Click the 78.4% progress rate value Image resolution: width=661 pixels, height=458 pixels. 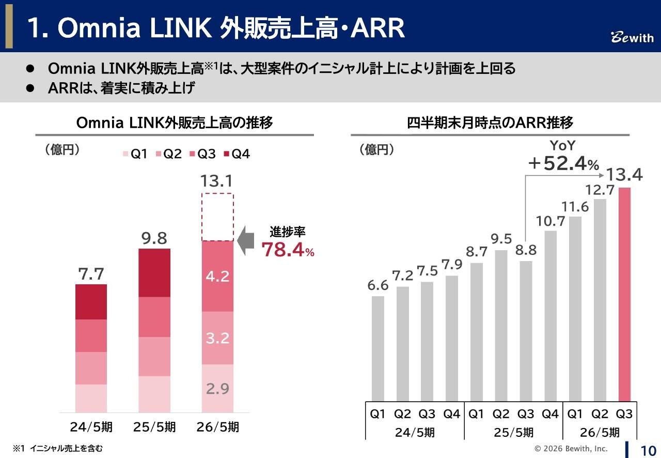click(x=287, y=250)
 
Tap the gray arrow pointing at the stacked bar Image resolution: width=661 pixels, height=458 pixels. click(x=247, y=241)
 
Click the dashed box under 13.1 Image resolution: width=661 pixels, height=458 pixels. click(x=217, y=217)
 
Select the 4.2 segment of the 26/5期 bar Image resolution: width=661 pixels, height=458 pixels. click(x=217, y=277)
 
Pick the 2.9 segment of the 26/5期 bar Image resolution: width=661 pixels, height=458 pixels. click(x=217, y=388)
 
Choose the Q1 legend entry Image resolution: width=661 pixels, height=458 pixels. click(x=135, y=154)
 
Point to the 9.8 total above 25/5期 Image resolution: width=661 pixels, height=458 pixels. click(x=154, y=238)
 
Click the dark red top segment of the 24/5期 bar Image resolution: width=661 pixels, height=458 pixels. click(x=91, y=302)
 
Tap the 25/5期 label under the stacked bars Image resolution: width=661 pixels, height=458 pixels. click(x=154, y=428)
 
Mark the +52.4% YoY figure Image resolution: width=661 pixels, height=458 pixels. click(x=563, y=164)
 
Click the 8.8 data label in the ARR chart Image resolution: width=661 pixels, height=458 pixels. click(x=526, y=251)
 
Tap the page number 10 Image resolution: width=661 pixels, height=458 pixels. click(x=648, y=449)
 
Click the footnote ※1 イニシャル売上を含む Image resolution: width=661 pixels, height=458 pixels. click(x=58, y=448)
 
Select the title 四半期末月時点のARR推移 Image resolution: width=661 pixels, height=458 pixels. click(x=490, y=123)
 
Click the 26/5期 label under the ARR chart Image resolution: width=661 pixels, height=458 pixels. click(x=600, y=432)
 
